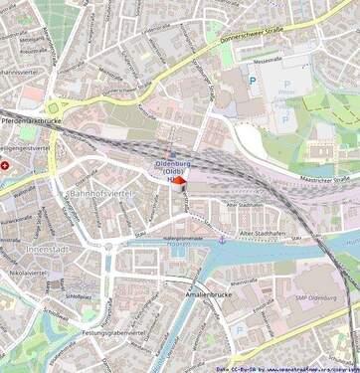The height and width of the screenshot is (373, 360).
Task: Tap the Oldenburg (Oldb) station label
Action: [x=176, y=167]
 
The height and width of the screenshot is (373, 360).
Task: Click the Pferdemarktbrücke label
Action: [x=31, y=120]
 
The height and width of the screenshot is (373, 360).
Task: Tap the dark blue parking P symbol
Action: [x=252, y=82]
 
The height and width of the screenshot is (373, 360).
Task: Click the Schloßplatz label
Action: [x=79, y=296]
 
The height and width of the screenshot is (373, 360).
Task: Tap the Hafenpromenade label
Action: [x=182, y=239]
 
